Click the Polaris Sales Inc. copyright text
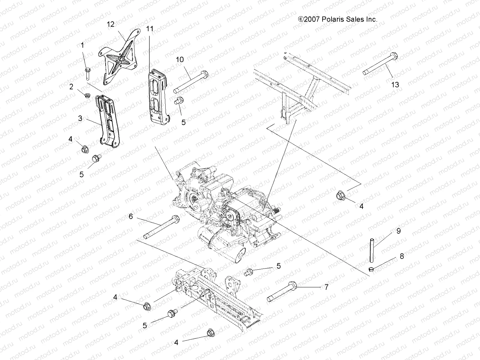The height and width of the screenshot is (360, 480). (337, 19)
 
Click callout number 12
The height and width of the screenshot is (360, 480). (111, 24)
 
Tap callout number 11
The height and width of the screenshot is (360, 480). (150, 29)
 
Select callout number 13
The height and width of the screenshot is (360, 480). (395, 85)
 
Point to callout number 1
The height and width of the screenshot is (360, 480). (82, 45)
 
